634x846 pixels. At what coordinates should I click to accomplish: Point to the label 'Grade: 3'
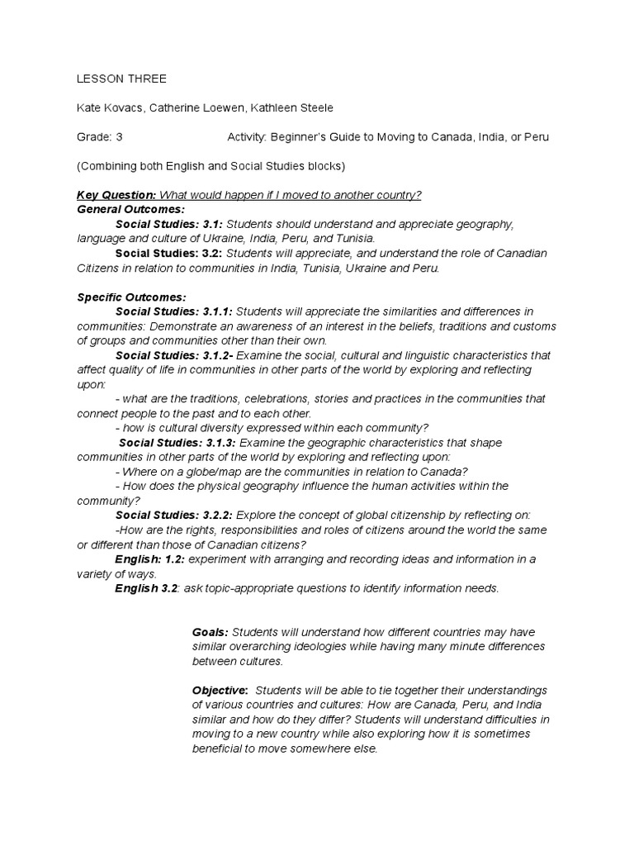100,137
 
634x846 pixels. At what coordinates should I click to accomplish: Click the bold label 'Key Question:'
116,195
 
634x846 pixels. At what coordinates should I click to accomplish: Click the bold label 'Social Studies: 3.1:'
169,224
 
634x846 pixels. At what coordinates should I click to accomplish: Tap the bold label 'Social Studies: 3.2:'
169,253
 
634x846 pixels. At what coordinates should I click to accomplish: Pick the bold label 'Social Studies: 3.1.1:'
174,311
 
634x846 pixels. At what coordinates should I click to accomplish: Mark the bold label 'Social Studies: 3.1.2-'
174,354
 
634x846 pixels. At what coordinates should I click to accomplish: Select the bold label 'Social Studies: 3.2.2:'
174,515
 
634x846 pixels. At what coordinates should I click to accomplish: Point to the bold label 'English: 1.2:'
149,559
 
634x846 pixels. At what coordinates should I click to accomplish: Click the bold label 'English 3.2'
146,588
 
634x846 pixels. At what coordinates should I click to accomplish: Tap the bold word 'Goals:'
210,632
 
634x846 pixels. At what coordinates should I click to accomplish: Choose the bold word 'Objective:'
220,690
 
